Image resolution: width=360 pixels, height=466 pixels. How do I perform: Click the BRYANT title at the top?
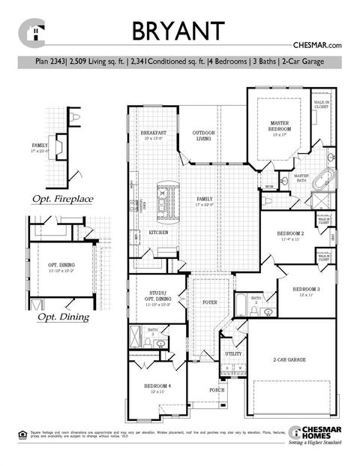pos(178,31)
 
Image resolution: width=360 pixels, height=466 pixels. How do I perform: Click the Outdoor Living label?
pos(203,135)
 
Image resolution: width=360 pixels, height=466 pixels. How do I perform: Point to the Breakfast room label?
pos(153,135)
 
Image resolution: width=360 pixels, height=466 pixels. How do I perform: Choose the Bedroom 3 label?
pos(306,290)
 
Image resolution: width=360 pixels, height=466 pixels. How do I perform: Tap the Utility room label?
pos(233,353)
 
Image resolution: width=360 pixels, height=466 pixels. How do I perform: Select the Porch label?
pos(216,390)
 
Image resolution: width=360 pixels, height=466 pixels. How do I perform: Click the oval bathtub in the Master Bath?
pos(323,181)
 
